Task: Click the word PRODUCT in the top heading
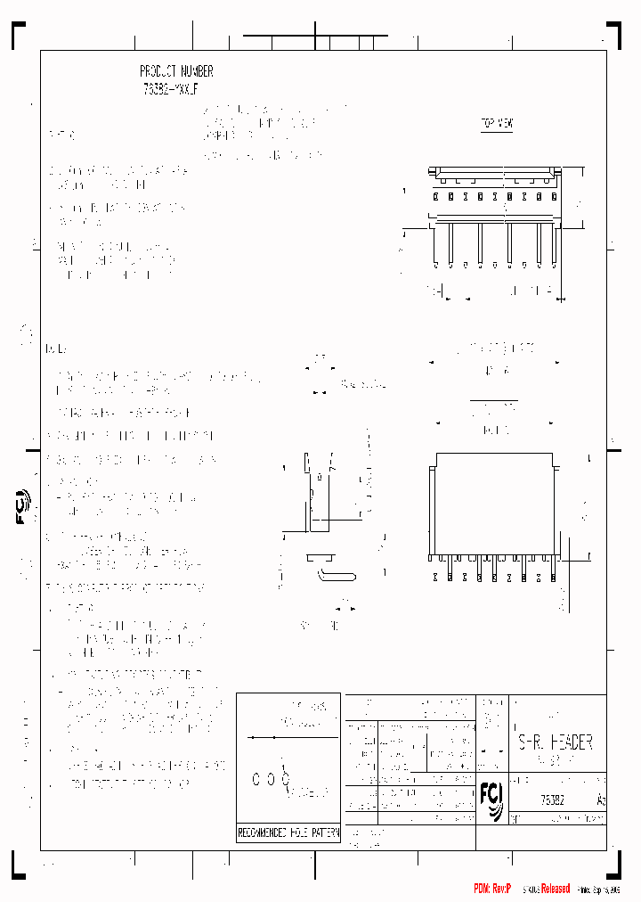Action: click(x=158, y=71)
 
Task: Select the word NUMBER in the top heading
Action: click(x=197, y=71)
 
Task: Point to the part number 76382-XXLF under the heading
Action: click(x=176, y=88)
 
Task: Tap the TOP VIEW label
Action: click(x=497, y=125)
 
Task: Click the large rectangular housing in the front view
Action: click(x=495, y=504)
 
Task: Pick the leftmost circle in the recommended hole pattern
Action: click(x=257, y=780)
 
